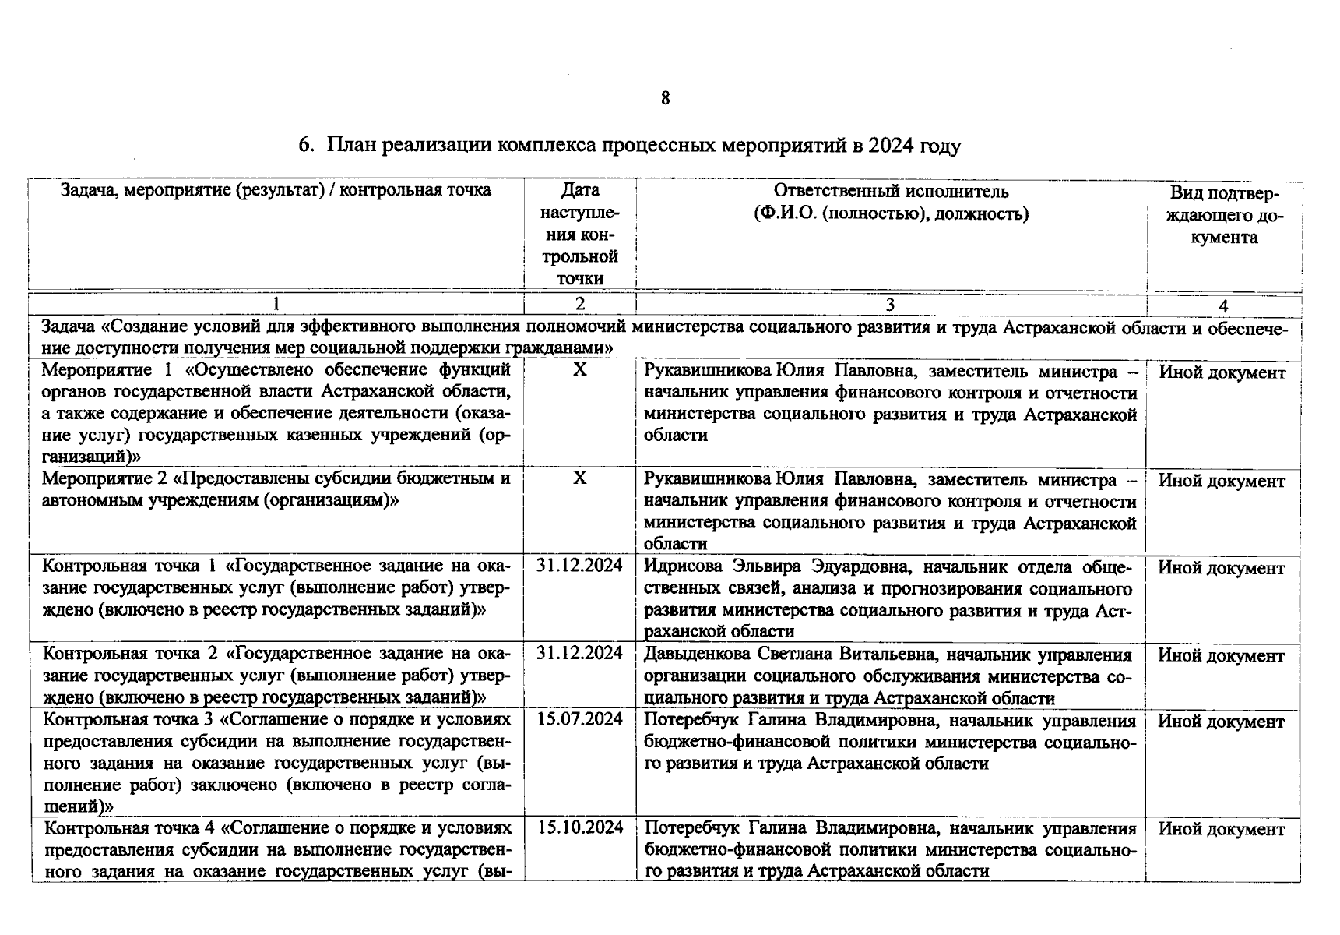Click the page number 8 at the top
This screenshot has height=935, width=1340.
tap(665, 98)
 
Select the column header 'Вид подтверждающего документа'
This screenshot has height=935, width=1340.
tap(1224, 215)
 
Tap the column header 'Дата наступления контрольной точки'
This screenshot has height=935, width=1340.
tap(580, 235)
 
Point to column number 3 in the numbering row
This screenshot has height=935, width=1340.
tap(890, 305)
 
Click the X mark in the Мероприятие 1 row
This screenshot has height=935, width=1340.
tap(580, 370)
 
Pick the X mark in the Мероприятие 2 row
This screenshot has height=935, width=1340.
tap(580, 478)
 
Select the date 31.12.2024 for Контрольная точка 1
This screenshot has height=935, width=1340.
tap(580, 566)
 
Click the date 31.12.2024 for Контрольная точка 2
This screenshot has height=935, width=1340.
tap(580, 653)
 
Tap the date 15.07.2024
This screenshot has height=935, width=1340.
tap(580, 719)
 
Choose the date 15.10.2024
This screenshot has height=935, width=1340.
tap(580, 827)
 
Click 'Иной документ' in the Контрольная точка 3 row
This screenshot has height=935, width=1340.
tap(1221, 722)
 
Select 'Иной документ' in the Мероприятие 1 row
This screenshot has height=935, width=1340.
tap(1222, 372)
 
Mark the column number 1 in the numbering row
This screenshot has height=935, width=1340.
tap(276, 305)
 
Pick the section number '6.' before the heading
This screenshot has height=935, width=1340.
tap(306, 146)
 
